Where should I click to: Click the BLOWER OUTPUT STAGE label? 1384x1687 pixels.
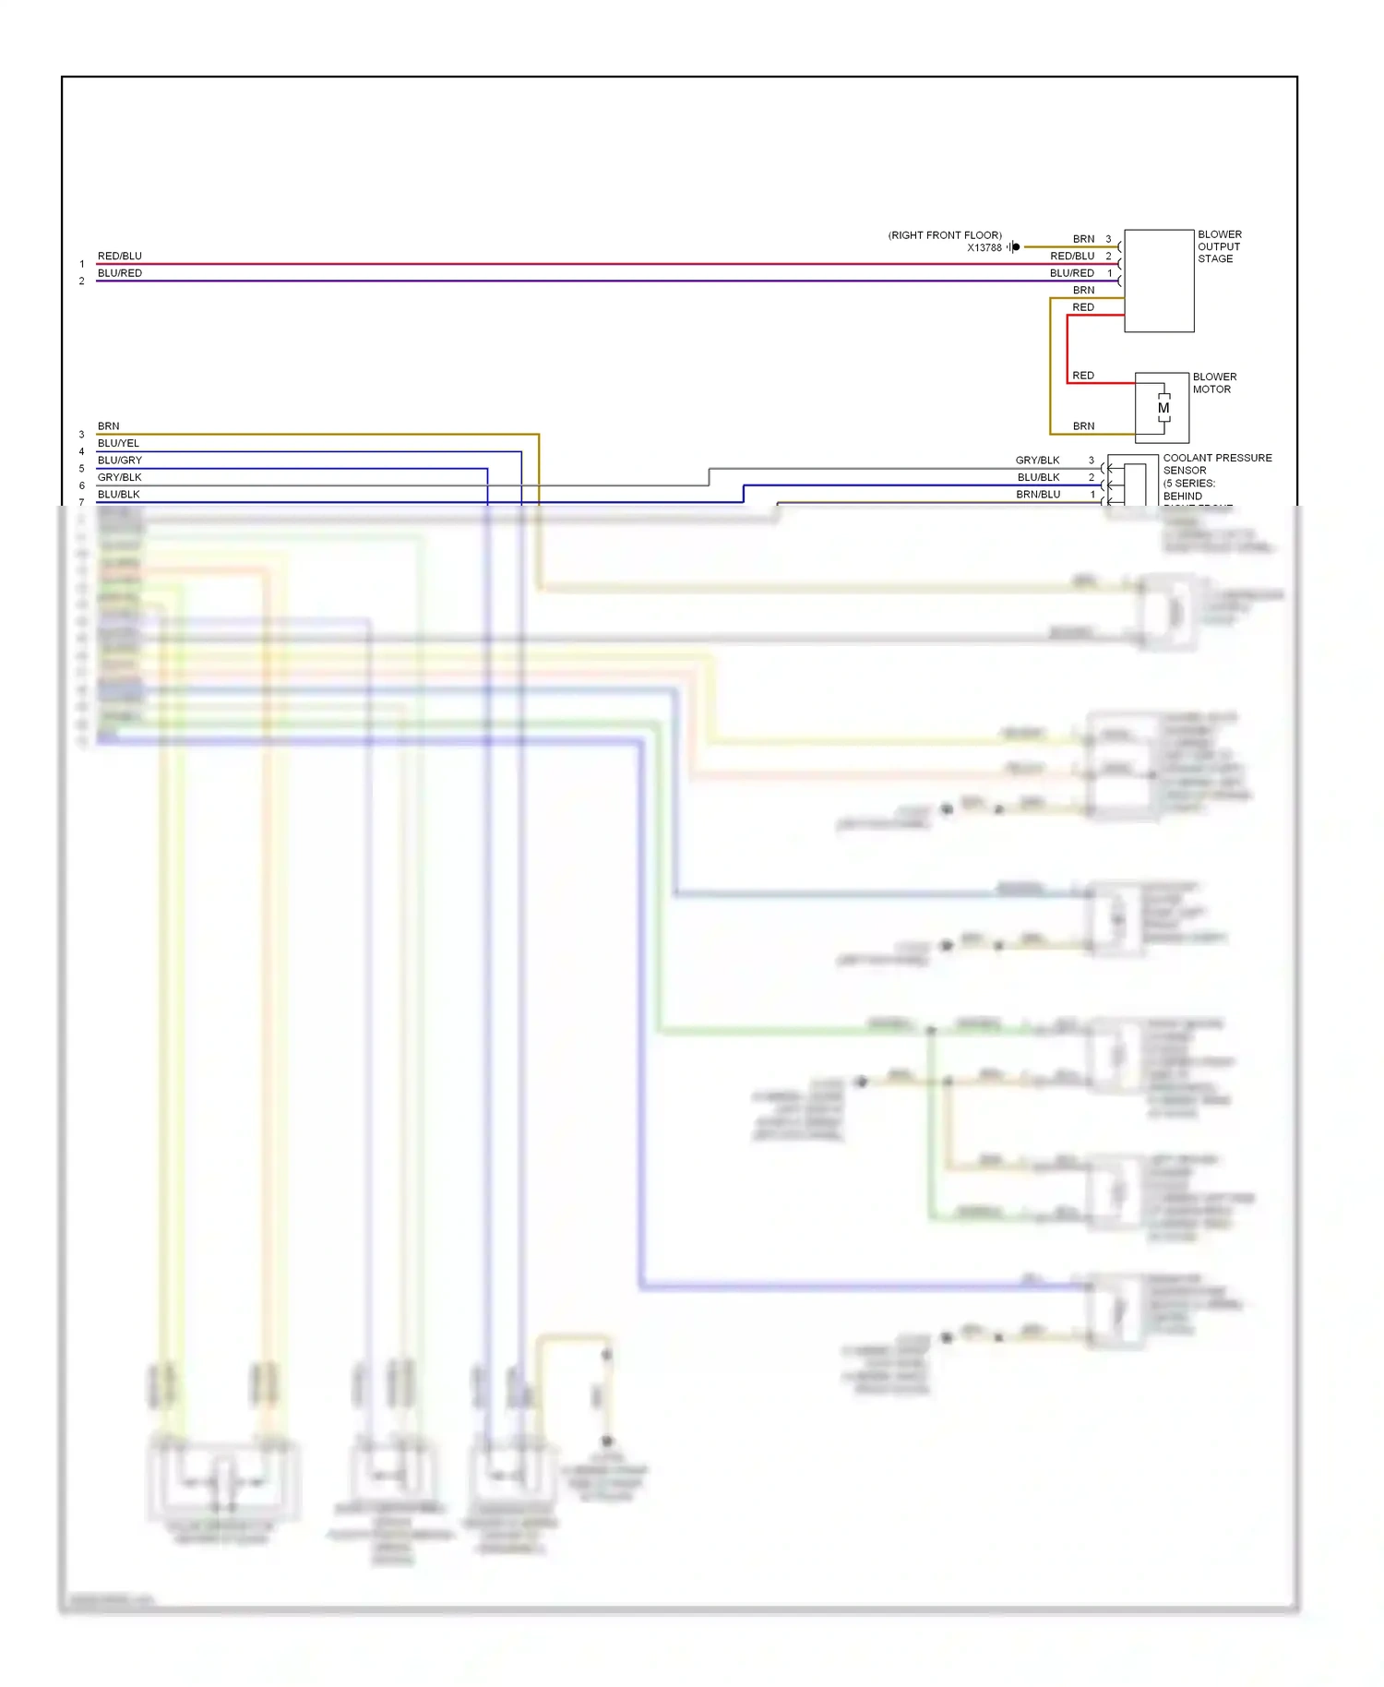point(1219,246)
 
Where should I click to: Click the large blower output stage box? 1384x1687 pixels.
point(1159,281)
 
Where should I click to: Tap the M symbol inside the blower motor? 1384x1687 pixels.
point(1163,408)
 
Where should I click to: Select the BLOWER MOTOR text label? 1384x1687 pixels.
point(1214,383)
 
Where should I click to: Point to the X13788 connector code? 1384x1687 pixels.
point(984,247)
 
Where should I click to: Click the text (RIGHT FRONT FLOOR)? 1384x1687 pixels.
point(945,235)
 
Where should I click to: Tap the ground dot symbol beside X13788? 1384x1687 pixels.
point(1015,246)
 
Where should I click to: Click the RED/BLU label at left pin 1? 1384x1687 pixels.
point(120,256)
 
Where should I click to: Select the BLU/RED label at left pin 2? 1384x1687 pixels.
point(120,273)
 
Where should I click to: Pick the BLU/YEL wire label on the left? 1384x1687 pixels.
point(118,443)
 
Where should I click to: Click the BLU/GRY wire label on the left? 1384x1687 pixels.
point(120,460)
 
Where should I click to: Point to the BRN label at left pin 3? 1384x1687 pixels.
point(108,426)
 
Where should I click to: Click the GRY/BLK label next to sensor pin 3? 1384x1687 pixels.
point(1037,460)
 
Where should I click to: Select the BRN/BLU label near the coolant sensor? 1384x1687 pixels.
point(1038,495)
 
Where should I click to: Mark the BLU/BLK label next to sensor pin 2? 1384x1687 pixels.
point(1038,477)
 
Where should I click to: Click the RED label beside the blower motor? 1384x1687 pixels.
point(1083,376)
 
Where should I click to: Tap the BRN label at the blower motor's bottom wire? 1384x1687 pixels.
point(1083,426)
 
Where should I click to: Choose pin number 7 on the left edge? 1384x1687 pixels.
point(81,502)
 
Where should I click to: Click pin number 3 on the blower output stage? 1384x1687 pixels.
point(1109,239)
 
